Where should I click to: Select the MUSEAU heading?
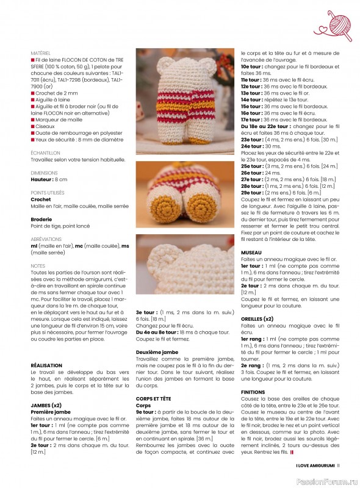(x=251, y=252)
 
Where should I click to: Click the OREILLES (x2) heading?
(x=257, y=318)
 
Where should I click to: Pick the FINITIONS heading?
(x=253, y=392)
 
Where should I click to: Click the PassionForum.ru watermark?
(x=327, y=480)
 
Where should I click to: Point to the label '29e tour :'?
(x=254, y=192)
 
